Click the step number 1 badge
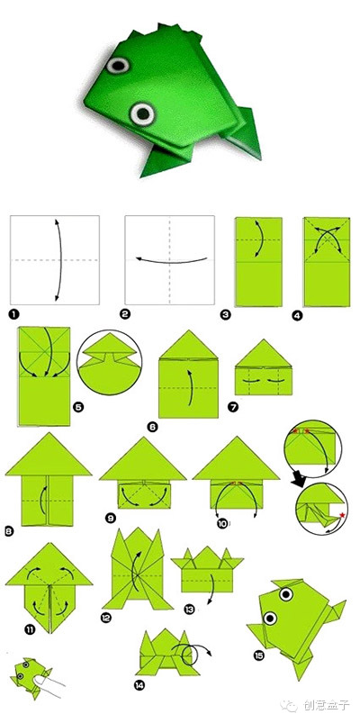[14, 315]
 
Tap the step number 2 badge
[124, 315]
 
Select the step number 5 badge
[78, 407]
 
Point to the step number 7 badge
[233, 407]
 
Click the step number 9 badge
[111, 519]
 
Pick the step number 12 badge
[106, 617]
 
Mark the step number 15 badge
[258, 655]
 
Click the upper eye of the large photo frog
[118, 65]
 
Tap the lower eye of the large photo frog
[142, 113]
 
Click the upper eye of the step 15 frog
[286, 594]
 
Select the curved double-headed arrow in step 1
[60, 260]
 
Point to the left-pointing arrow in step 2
[172, 260]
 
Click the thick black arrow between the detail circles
[298, 480]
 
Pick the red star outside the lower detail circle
[342, 515]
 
